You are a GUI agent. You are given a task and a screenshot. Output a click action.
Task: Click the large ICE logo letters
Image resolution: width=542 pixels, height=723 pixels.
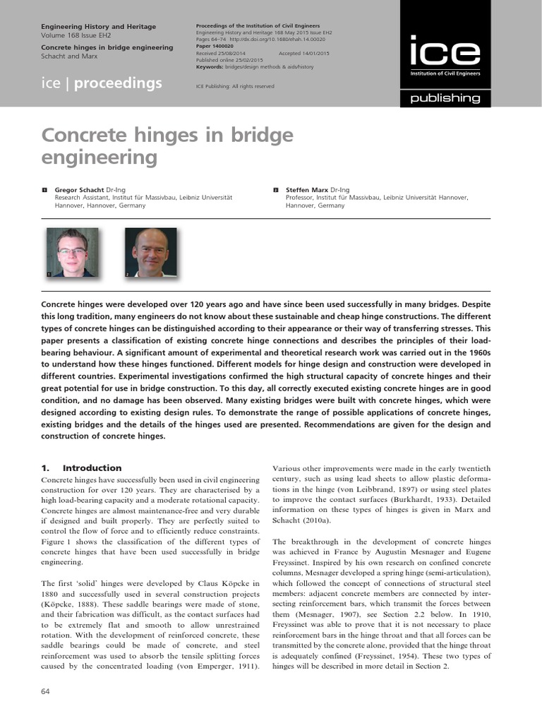pyautogui.click(x=445, y=52)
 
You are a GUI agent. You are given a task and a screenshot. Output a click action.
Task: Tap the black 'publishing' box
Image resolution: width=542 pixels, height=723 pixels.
pyautogui.click(x=445, y=98)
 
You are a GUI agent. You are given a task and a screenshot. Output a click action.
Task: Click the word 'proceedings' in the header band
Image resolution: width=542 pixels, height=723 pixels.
pyautogui.click(x=118, y=83)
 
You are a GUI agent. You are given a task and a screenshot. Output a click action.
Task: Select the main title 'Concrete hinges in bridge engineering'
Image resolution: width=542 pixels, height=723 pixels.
pyautogui.click(x=167, y=145)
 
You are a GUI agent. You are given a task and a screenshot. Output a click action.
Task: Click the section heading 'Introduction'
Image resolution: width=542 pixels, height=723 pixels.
pyautogui.click(x=92, y=467)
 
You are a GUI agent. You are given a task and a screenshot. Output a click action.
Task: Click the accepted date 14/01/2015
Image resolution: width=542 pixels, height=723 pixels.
pyautogui.click(x=315, y=54)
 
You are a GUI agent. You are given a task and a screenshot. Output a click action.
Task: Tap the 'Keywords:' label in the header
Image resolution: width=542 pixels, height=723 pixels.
pyautogui.click(x=210, y=66)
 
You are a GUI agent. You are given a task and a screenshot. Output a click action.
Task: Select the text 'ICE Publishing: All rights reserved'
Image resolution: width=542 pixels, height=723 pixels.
pyautogui.click(x=235, y=86)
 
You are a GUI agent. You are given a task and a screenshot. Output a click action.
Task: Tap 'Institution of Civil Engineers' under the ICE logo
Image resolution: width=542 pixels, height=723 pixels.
pyautogui.click(x=445, y=73)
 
